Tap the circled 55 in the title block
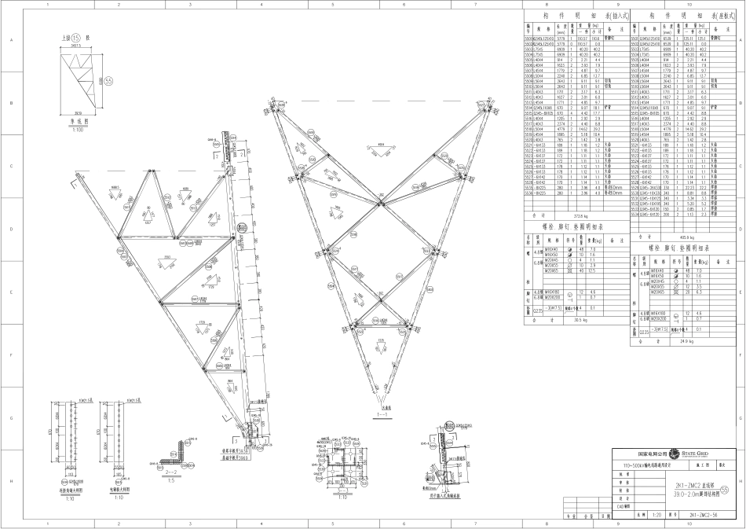(735, 490)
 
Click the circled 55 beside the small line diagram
(108, 80)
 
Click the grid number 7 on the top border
(474, 5)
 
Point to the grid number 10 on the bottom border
(689, 524)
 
